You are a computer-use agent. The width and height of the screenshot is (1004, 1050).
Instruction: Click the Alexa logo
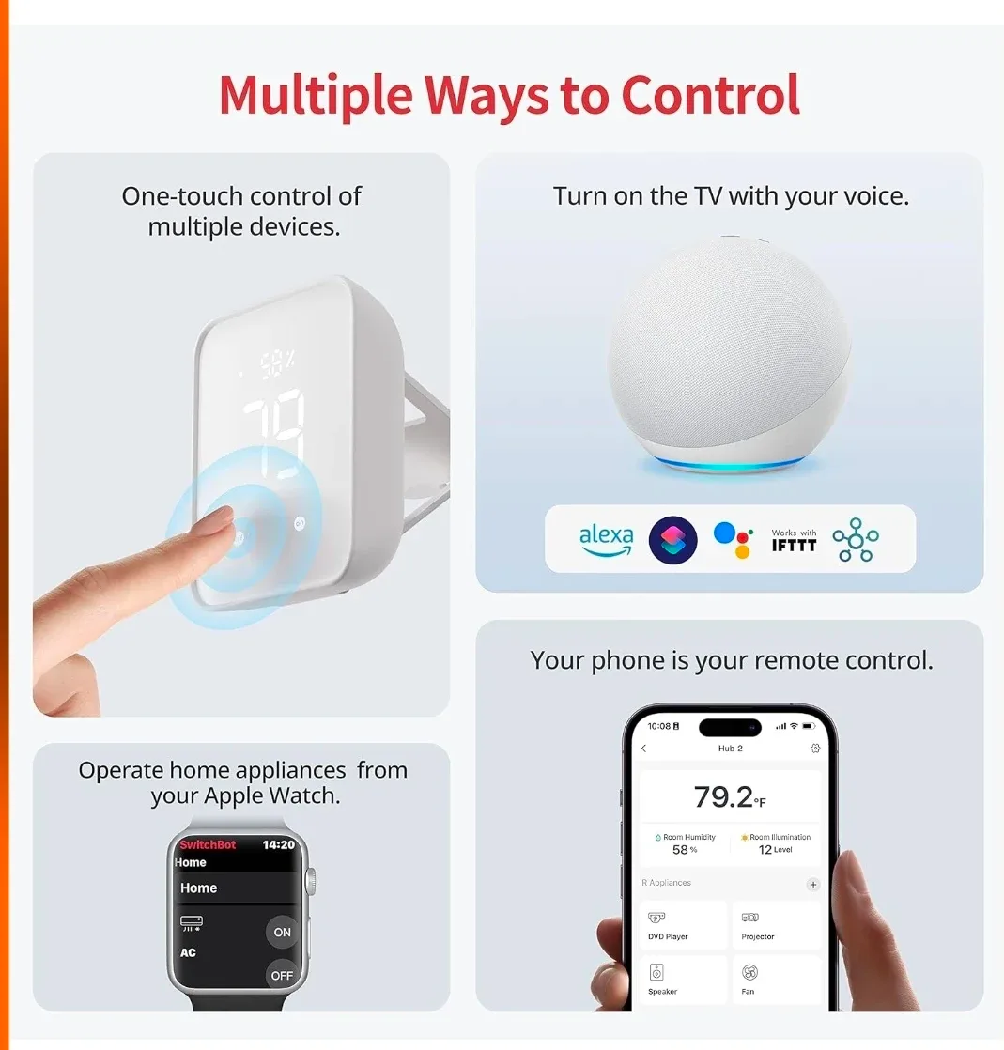pyautogui.click(x=606, y=540)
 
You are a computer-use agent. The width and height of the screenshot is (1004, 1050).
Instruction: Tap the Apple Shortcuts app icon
pyautogui.click(x=672, y=540)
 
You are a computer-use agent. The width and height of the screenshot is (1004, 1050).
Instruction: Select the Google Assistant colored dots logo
pyautogui.click(x=734, y=540)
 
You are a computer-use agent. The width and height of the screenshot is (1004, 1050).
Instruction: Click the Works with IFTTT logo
pyautogui.click(x=794, y=540)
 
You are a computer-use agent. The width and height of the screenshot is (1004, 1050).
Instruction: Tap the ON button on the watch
pyautogui.click(x=282, y=932)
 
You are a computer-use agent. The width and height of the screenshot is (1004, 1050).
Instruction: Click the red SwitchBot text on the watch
pyautogui.click(x=208, y=844)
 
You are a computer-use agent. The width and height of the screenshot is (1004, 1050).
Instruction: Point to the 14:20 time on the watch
pyautogui.click(x=278, y=844)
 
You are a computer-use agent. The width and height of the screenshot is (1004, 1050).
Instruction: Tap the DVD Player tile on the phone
pyautogui.click(x=684, y=925)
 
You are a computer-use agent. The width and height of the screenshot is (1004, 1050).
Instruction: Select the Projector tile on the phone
pyautogui.click(x=776, y=925)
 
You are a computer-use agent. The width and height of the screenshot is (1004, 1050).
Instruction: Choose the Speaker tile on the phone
pyautogui.click(x=684, y=979)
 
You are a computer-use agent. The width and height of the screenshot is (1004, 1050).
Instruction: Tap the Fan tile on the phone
pyautogui.click(x=776, y=979)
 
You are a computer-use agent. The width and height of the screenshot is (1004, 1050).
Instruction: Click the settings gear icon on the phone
pyautogui.click(x=814, y=749)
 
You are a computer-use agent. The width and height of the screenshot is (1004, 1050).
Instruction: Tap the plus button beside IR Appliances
pyautogui.click(x=813, y=884)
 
